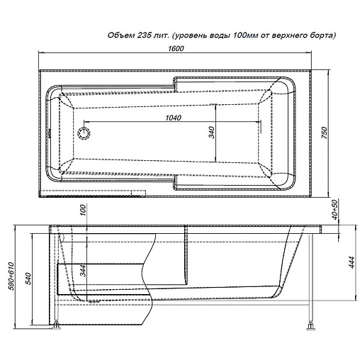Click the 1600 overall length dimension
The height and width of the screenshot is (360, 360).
tap(177, 48)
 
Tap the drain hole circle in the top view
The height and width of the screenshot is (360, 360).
tap(85, 132)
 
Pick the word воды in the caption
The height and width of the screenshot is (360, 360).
tap(225, 35)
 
